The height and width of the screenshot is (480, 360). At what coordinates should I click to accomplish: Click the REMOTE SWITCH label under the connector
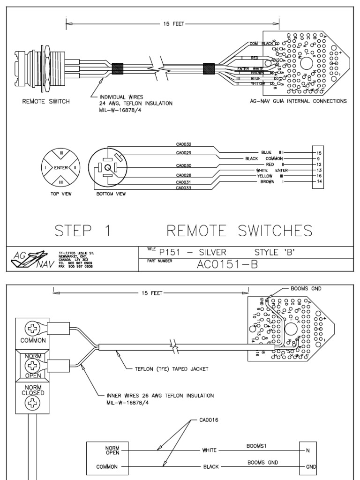point(46,101)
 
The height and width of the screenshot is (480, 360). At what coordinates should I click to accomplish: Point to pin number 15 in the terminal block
point(319,153)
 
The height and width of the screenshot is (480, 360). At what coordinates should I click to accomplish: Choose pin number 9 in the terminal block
point(319,159)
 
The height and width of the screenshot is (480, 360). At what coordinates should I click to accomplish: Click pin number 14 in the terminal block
point(319,181)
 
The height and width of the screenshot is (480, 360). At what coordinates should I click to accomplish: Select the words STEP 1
point(83,231)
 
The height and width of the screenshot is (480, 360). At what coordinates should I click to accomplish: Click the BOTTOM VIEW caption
point(111,193)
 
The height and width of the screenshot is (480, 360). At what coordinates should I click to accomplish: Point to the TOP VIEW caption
point(61,193)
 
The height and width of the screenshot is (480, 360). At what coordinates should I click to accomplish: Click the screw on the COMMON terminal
point(32,327)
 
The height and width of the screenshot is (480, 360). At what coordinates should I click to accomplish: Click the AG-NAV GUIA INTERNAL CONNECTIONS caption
point(299,101)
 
